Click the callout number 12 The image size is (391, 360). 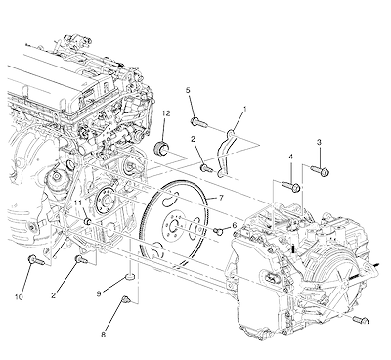[166, 113]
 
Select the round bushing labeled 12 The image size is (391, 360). [160, 149]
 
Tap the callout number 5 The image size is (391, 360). [188, 90]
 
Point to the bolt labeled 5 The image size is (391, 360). [197, 122]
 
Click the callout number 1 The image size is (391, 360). [245, 110]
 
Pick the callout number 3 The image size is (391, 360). [319, 142]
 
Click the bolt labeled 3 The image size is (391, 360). [320, 170]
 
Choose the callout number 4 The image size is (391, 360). [290, 157]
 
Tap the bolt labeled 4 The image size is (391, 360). [291, 187]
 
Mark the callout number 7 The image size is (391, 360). [221, 198]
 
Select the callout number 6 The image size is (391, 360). [234, 224]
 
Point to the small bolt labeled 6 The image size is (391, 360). [219, 231]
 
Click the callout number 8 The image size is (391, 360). [103, 335]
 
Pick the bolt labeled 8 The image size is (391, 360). [126, 300]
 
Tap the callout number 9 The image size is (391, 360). [99, 294]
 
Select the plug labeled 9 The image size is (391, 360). [130, 278]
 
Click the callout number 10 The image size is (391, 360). [19, 297]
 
